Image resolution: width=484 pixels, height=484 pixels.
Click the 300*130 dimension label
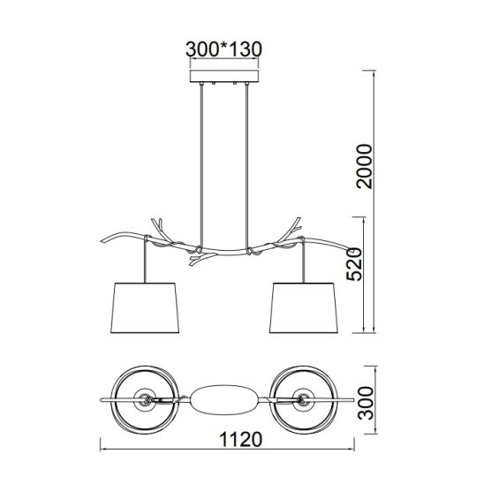(x=223, y=49)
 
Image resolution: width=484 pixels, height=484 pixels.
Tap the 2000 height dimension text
(x=365, y=166)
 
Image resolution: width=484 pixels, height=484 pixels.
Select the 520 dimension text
(x=354, y=264)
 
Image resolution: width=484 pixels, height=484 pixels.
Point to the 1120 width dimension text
(x=241, y=439)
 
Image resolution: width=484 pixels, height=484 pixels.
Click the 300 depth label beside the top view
(x=365, y=403)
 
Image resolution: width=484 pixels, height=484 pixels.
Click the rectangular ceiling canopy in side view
(x=224, y=76)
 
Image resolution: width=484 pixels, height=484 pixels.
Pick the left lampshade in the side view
(x=145, y=307)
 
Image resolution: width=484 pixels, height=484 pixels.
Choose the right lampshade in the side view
(x=304, y=307)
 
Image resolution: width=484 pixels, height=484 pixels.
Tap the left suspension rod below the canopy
(x=201, y=165)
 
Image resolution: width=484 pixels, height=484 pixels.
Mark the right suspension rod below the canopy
(x=246, y=165)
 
